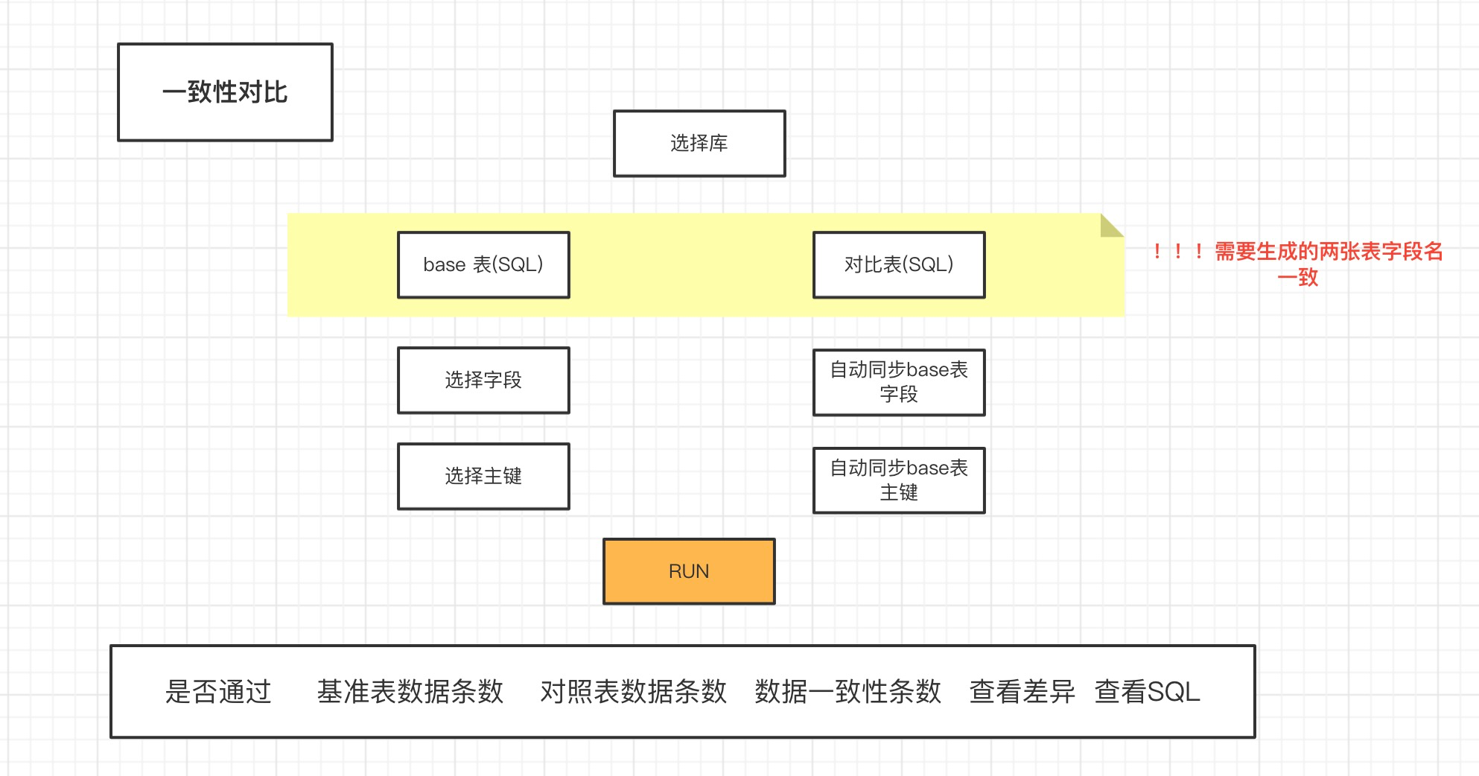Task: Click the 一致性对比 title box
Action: pyautogui.click(x=225, y=92)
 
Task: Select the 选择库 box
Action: pyautogui.click(x=699, y=144)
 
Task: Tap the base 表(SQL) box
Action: pyautogui.click(x=483, y=265)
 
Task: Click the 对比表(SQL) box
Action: pyautogui.click(x=899, y=265)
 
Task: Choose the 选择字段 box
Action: pyautogui.click(x=483, y=381)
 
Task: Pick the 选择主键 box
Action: pyautogui.click(x=483, y=477)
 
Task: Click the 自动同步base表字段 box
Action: pyautogui.click(x=899, y=382)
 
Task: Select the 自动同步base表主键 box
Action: pyautogui.click(x=899, y=480)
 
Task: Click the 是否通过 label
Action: pyautogui.click(x=218, y=692)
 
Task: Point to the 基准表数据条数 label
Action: pyautogui.click(x=410, y=692)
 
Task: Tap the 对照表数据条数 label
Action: pyautogui.click(x=633, y=692)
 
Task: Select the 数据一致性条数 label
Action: pyautogui.click(x=847, y=692)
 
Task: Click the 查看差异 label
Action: pyautogui.click(x=1022, y=692)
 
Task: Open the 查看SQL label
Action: pyautogui.click(x=1147, y=692)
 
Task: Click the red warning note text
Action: pyautogui.click(x=1328, y=252)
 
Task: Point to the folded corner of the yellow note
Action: pyautogui.click(x=1110, y=226)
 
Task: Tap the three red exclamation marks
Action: pyautogui.click(x=1177, y=252)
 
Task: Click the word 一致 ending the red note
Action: pyautogui.click(x=1298, y=278)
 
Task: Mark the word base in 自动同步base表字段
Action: pyautogui.click(x=927, y=370)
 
